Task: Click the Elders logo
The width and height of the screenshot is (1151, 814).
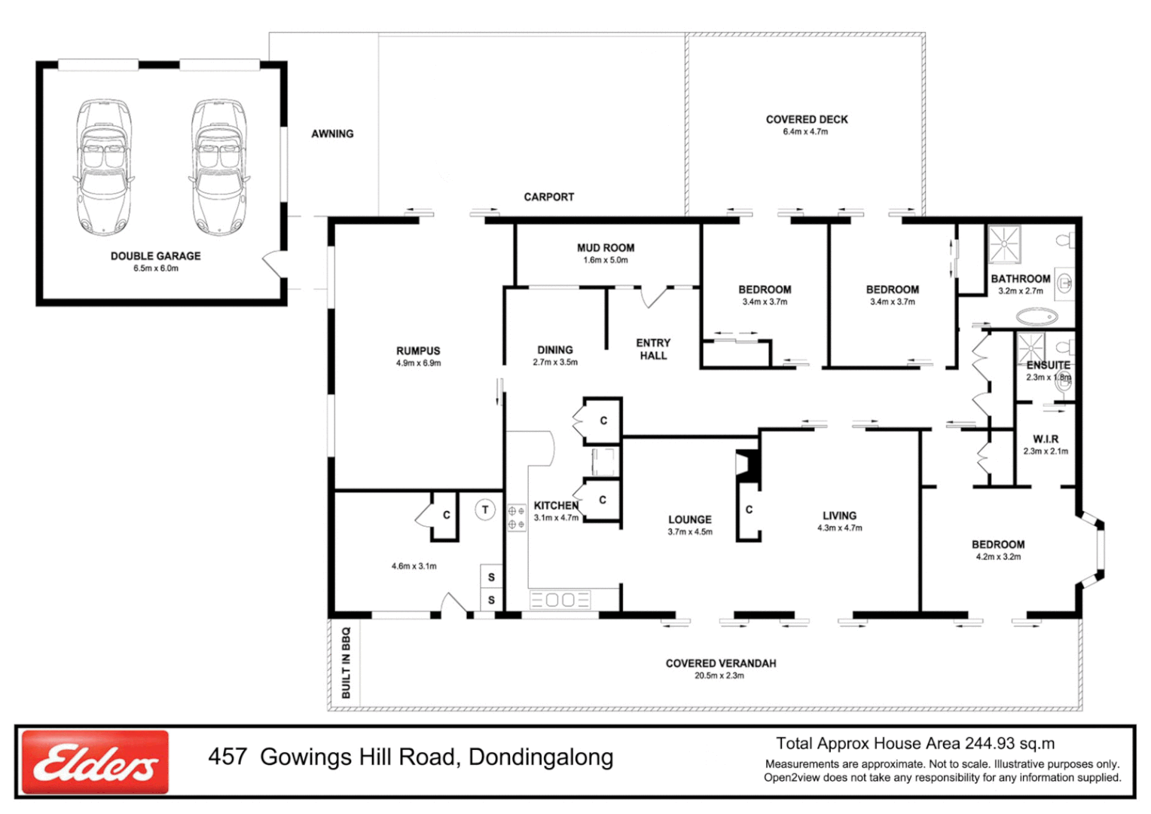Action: (95, 762)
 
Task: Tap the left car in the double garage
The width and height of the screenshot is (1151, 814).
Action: (104, 167)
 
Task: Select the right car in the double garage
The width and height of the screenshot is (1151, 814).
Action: (218, 167)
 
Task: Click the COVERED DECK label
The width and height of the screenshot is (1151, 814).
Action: (806, 120)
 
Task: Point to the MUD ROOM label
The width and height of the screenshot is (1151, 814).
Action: (605, 248)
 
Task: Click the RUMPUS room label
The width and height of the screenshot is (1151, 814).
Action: (418, 351)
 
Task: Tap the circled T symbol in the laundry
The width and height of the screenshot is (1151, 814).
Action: (485, 510)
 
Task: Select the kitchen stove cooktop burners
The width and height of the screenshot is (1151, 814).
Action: (516, 518)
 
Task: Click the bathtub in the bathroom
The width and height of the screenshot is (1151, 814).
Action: (1037, 317)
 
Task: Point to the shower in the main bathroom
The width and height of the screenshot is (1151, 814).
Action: (1004, 243)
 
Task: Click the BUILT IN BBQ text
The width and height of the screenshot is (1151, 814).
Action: (346, 663)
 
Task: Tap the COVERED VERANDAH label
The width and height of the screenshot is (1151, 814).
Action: (720, 663)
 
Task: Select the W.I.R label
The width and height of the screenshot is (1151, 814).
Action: (1045, 439)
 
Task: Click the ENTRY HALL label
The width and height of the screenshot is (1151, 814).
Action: (653, 349)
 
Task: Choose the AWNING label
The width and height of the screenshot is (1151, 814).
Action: (332, 134)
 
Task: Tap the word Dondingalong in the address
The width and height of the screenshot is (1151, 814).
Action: (540, 757)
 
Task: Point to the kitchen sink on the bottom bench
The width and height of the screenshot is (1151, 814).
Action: (560, 600)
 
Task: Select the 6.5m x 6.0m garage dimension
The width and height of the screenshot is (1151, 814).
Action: (156, 268)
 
